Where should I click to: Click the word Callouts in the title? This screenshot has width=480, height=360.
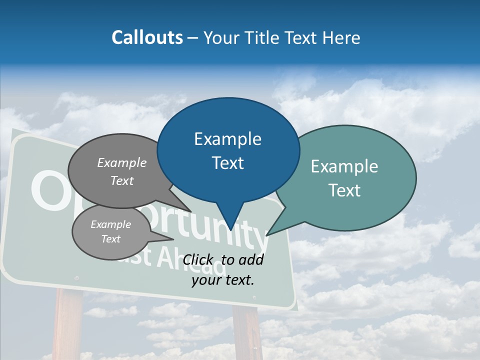tap(147, 37)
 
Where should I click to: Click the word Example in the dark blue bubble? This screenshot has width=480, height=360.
tap(227, 139)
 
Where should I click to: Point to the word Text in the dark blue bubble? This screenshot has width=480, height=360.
tap(227, 163)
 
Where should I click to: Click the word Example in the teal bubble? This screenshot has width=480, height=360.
tap(344, 166)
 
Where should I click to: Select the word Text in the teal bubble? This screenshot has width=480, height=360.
tap(344, 190)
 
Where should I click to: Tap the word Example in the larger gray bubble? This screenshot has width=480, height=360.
tap(122, 162)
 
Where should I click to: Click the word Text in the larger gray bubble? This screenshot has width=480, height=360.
tap(122, 180)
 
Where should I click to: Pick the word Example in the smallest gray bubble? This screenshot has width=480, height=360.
tap(111, 224)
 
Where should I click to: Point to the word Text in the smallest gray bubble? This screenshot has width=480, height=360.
tap(111, 239)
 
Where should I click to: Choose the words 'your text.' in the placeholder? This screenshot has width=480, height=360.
tap(223, 280)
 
